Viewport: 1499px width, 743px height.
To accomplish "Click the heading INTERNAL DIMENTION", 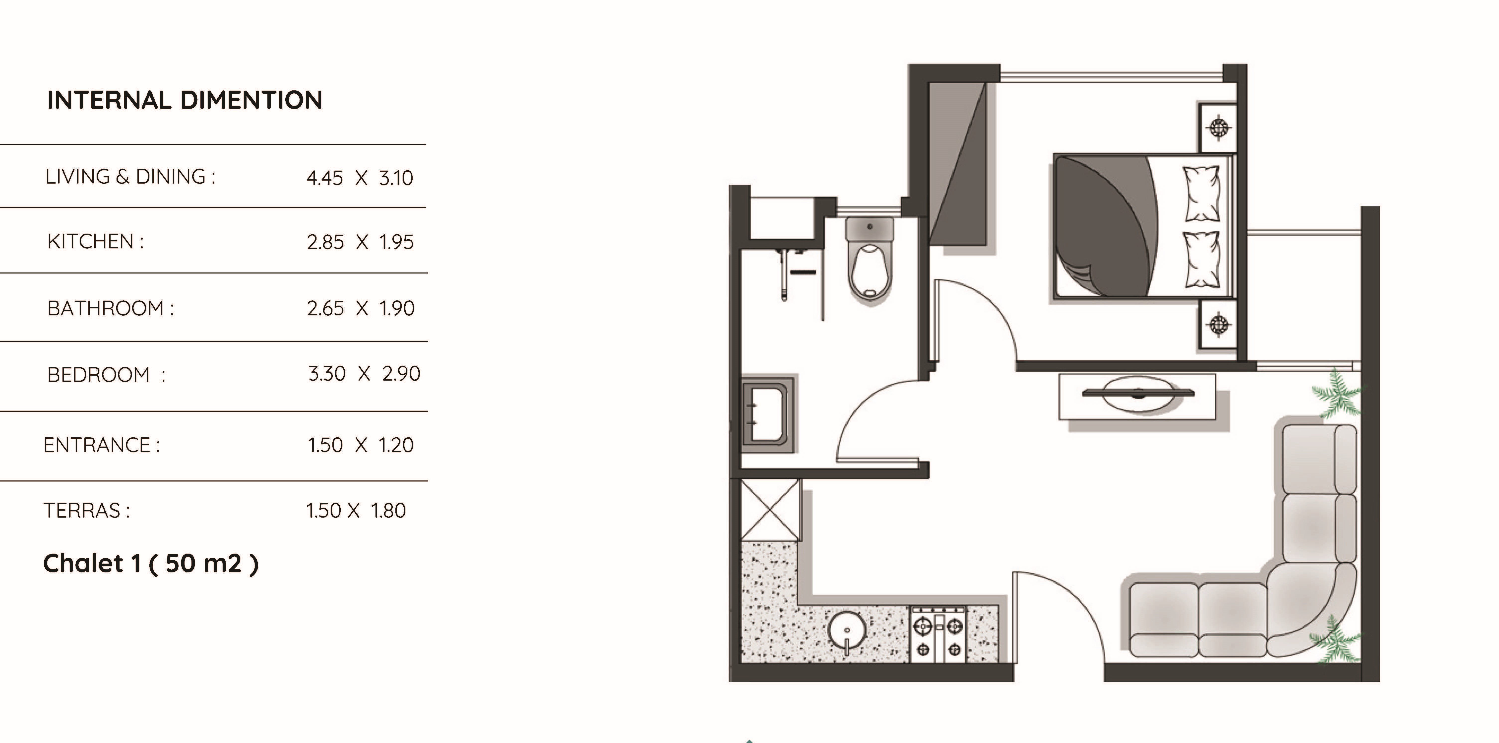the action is coord(185,100).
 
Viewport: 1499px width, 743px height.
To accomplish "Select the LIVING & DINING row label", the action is coord(130,176).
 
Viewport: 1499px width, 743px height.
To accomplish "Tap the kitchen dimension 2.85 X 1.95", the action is coord(360,242).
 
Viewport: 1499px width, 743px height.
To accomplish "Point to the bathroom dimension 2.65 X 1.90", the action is coord(361,308).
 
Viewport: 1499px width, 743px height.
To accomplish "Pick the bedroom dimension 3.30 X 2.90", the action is coord(364,373).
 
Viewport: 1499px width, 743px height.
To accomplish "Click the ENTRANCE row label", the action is coord(101,445).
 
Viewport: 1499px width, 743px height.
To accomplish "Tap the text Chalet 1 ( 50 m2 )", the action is coord(151,563).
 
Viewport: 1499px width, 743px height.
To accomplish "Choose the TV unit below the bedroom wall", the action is coord(1137,396).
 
